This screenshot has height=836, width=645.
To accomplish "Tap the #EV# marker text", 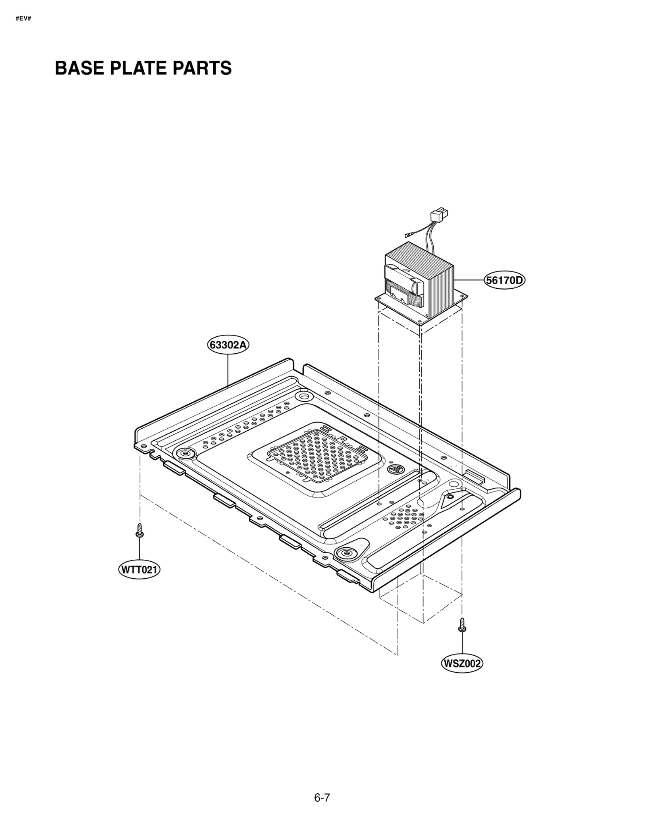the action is click(23, 19).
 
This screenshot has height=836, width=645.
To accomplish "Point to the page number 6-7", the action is click(322, 797).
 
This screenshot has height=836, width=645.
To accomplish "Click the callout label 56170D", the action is click(504, 280).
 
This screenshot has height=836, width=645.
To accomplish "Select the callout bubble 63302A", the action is click(228, 345).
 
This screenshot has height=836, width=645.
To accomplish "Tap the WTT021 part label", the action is click(139, 570).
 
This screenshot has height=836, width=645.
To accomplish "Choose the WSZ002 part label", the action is click(462, 663).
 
